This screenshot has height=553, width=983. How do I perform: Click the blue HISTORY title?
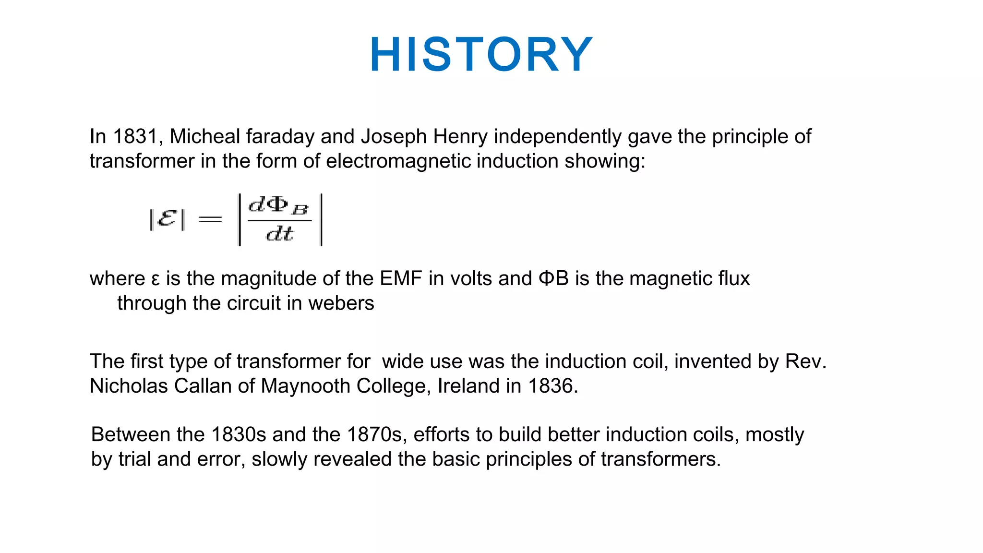[481, 55]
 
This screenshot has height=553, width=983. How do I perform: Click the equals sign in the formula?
[210, 220]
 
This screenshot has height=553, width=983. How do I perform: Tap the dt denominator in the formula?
[279, 234]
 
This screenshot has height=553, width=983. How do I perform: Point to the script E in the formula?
[167, 219]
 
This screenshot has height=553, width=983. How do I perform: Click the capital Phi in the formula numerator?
[277, 205]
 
